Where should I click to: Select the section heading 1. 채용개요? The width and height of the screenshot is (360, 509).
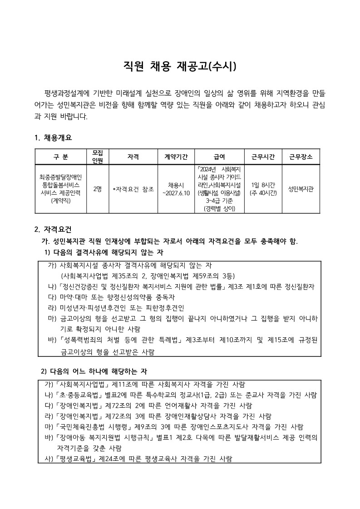click(53, 138)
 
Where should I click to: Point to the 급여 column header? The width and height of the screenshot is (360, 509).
click(220, 157)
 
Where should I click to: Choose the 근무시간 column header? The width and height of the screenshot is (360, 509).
click(263, 157)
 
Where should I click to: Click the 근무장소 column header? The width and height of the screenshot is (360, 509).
click(301, 157)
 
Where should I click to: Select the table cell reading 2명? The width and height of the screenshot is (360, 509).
click(97, 188)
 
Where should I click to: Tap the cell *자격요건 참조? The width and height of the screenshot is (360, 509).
click(133, 188)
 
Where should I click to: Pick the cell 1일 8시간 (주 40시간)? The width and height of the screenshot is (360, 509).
click(263, 188)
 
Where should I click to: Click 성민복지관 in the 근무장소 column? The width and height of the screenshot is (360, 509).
click(301, 188)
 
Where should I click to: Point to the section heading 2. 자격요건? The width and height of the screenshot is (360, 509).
click(53, 229)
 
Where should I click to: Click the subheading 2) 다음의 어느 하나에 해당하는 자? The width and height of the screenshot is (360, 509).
click(94, 371)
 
